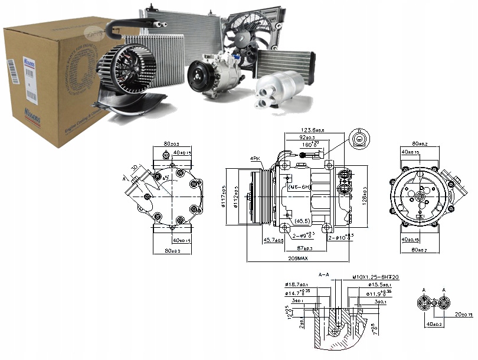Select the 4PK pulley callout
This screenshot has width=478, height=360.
click(x=255, y=159)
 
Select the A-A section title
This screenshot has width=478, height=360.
click(x=323, y=275)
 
